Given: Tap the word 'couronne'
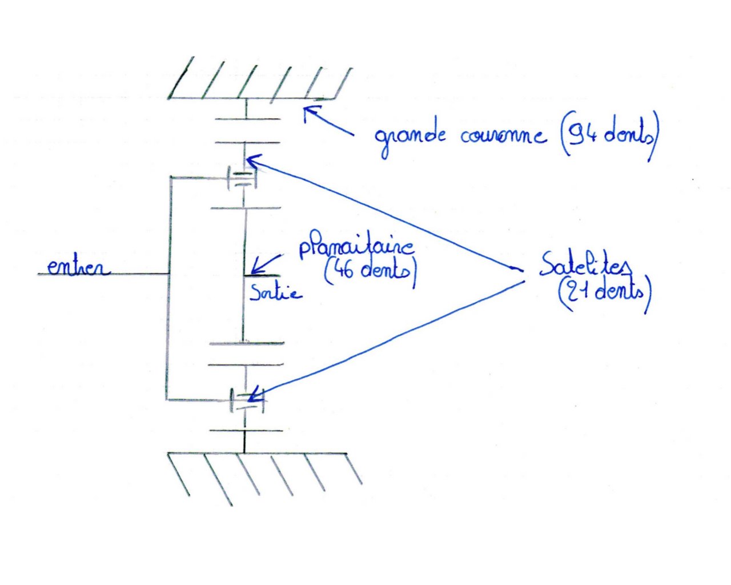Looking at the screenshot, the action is click(502, 136).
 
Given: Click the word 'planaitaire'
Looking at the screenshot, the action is click(356, 248).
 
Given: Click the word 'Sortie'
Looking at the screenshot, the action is click(275, 293).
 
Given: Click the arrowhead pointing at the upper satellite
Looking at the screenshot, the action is click(251, 161).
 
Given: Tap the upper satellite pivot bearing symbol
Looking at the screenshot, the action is click(242, 178).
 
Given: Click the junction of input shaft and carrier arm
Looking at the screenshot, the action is click(169, 274).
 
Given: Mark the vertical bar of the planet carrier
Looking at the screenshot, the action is click(169, 320).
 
